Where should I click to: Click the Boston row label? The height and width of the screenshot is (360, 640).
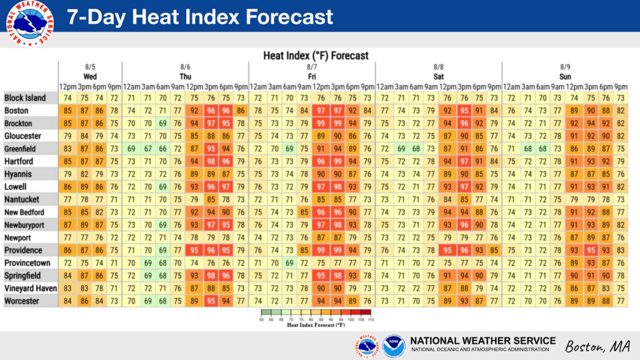(16, 111)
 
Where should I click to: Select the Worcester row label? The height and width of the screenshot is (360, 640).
(22, 301)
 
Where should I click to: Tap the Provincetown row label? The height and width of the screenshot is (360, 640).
(27, 263)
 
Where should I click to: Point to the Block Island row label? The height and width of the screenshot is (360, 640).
(25, 98)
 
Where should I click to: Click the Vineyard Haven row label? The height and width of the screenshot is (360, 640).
(31, 289)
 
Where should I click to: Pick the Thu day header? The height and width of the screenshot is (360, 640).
(185, 77)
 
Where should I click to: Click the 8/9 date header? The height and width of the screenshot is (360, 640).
(565, 67)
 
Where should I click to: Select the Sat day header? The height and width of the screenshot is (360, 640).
(438, 77)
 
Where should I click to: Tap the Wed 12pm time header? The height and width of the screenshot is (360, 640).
(67, 87)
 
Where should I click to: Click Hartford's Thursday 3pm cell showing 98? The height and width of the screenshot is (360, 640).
(211, 162)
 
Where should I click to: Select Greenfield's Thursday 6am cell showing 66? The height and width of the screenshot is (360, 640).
(163, 149)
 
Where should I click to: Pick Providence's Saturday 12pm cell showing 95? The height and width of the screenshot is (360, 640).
(447, 250)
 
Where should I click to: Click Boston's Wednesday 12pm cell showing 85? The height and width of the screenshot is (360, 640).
(67, 111)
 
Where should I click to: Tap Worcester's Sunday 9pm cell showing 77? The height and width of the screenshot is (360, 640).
(621, 301)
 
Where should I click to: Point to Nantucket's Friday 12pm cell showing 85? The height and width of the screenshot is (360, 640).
(321, 199)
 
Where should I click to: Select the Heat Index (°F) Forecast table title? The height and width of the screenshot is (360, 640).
(316, 56)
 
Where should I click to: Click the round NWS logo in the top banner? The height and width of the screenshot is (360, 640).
(30, 24)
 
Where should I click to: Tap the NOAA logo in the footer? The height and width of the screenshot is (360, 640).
(394, 346)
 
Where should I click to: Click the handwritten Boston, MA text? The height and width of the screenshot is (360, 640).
(597, 346)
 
